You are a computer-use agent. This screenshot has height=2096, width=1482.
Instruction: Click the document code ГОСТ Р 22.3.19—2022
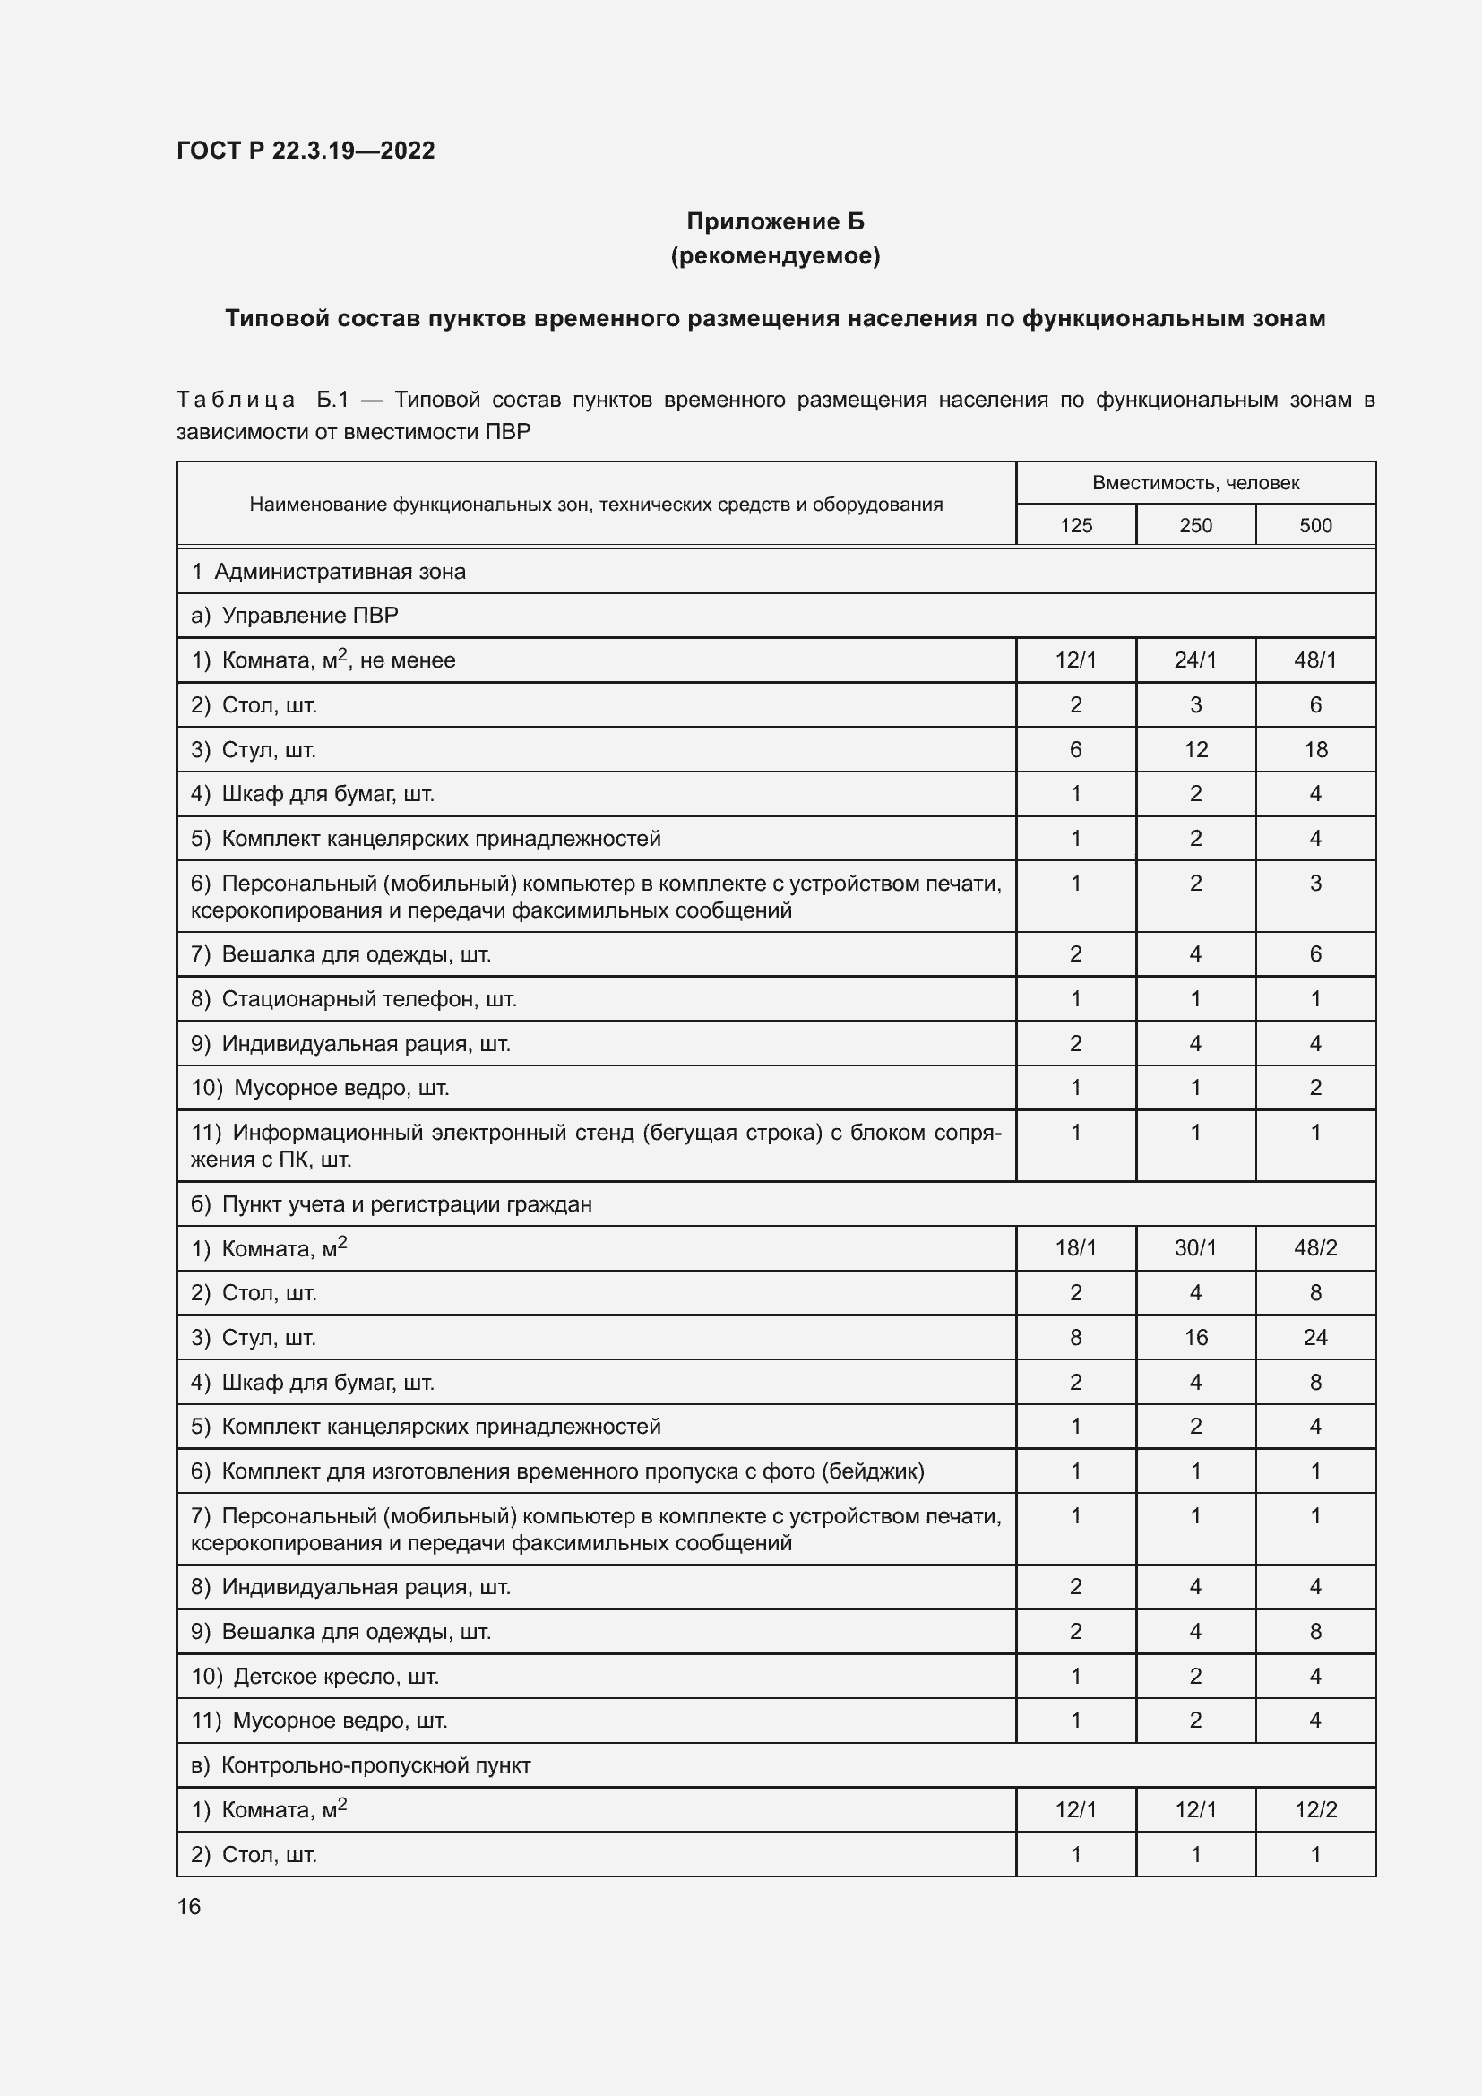tap(305, 151)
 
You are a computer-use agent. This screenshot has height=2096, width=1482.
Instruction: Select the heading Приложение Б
tap(775, 221)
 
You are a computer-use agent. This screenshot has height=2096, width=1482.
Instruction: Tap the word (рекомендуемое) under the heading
tap(775, 255)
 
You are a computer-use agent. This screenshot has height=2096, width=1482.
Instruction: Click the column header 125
tap(1075, 526)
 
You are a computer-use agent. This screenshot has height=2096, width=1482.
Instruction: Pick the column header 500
tap(1315, 526)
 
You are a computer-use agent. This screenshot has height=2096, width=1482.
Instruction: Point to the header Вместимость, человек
tap(1195, 483)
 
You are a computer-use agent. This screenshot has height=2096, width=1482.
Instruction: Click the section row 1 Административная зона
tap(329, 572)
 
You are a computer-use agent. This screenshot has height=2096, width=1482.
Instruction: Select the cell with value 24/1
tap(1195, 660)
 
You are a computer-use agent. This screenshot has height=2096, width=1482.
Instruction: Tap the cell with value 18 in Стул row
tap(1315, 749)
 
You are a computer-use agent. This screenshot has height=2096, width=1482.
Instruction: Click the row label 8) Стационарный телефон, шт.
tap(354, 998)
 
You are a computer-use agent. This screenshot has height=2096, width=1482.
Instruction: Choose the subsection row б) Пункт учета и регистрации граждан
tap(392, 1204)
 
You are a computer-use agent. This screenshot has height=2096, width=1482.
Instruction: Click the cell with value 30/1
tap(1195, 1248)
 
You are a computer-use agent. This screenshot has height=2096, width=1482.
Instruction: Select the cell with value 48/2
tap(1315, 1248)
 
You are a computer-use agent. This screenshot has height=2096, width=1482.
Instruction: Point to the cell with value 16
tap(1195, 1337)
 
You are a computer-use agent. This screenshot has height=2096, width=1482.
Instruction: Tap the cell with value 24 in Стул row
tap(1315, 1337)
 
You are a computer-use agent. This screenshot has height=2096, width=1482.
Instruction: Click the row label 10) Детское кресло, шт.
tap(314, 1676)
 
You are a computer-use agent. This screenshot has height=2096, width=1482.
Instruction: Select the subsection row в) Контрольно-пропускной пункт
tap(360, 1764)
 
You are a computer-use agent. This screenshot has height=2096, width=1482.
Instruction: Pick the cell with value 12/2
tap(1315, 1809)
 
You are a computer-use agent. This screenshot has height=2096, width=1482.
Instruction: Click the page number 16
tap(189, 1907)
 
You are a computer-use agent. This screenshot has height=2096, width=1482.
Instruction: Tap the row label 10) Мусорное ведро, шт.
tap(320, 1087)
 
